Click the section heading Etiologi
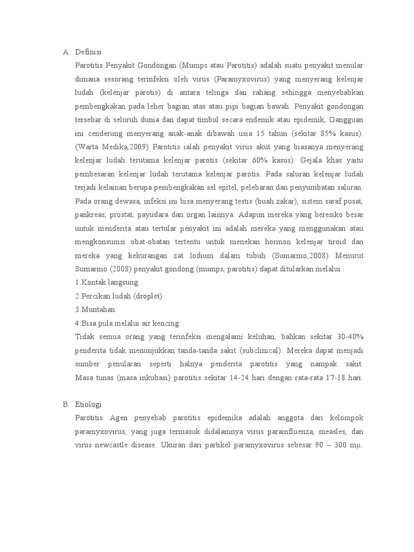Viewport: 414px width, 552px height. coord(88,404)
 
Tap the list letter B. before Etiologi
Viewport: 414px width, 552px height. coord(66,404)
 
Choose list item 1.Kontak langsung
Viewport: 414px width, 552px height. coord(107,282)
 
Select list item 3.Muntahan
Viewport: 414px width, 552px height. coord(95,309)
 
